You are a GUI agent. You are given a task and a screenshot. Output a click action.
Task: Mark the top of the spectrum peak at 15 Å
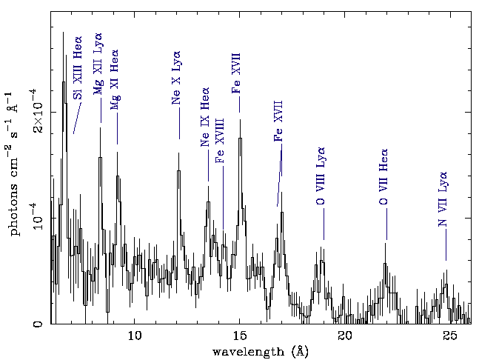click(239, 139)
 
